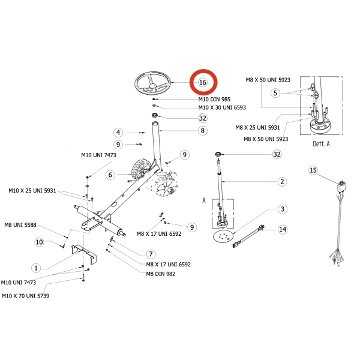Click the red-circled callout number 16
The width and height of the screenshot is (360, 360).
click(x=203, y=82)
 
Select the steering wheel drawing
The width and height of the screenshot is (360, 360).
click(x=152, y=83)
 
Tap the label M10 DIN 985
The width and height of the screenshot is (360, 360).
click(x=214, y=100)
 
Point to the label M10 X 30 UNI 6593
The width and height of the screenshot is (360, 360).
click(x=222, y=107)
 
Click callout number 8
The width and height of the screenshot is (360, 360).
click(x=203, y=131)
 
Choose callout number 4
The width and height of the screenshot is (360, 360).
click(x=118, y=133)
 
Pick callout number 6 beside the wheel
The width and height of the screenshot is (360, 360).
click(x=110, y=175)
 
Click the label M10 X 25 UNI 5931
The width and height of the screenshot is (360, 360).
click(x=32, y=191)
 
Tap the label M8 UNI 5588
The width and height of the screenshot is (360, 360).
click(x=20, y=225)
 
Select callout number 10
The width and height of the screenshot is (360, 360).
click(x=39, y=242)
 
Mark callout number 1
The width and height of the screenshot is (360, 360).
click(x=36, y=268)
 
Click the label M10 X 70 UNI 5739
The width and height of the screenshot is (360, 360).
click(x=25, y=296)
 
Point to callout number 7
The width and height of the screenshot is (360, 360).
click(x=151, y=254)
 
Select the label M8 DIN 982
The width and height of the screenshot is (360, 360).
click(x=161, y=274)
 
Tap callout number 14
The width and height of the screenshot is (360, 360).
click(x=283, y=229)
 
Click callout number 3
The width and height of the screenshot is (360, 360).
click(x=283, y=209)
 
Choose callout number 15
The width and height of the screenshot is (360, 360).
click(x=313, y=170)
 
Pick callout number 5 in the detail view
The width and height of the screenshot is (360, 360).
click(x=275, y=93)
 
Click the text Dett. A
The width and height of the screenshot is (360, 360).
click(x=321, y=144)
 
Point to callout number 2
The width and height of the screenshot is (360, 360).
click(x=282, y=182)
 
